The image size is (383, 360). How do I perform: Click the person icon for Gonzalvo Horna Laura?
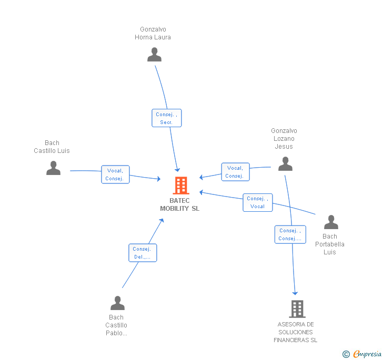[x=154, y=55]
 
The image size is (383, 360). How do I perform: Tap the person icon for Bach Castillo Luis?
[x=53, y=168]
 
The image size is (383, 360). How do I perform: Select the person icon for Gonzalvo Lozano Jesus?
[x=285, y=164]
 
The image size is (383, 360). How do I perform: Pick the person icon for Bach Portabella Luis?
[x=331, y=222]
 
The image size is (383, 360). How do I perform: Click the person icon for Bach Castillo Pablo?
[x=117, y=303]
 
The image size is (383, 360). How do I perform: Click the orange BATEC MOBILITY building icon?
[x=180, y=186]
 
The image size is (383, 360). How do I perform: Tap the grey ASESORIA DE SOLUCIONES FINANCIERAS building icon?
[x=297, y=309]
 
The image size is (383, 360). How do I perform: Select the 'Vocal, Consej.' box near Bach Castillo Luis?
[x=115, y=174]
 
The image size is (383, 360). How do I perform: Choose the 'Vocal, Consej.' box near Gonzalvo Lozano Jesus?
[x=235, y=172]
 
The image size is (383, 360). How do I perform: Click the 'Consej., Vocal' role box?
[x=258, y=202]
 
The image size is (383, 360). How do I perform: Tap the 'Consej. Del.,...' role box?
[x=143, y=253]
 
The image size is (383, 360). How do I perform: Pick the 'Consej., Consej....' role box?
[x=290, y=234]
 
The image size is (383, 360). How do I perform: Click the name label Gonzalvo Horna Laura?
[x=153, y=33]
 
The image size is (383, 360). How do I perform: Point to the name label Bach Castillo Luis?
[x=52, y=147]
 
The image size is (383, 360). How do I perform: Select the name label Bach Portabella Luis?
[x=330, y=244]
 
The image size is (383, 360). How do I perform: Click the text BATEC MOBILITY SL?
[x=180, y=204]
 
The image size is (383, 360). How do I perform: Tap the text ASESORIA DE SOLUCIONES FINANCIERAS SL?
[x=296, y=332]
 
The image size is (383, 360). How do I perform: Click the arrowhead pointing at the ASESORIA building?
[x=295, y=292]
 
